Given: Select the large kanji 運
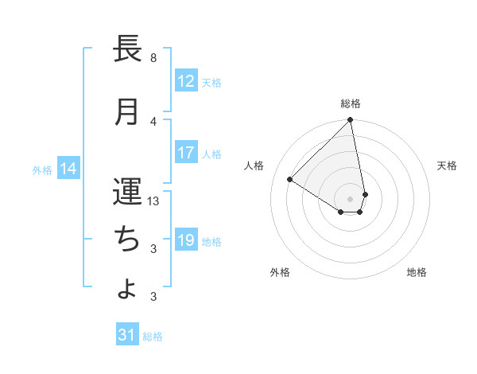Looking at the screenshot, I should click(127, 192).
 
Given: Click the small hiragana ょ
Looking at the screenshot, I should click(127, 288).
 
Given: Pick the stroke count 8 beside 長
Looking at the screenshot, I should click(153, 58).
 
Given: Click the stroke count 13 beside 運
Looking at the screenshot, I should click(154, 201).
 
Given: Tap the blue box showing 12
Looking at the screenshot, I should click(186, 81).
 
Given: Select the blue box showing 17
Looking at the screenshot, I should click(186, 153).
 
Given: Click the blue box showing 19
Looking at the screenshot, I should click(186, 240).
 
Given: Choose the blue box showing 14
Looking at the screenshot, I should click(68, 169).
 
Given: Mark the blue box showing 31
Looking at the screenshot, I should click(127, 336).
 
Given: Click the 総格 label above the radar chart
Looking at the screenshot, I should click(351, 103).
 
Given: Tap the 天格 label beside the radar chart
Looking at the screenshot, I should click(447, 166).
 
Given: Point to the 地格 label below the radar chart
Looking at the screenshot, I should click(417, 272).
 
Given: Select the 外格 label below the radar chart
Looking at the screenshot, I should click(280, 272).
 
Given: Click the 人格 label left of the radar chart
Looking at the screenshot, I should click(254, 166).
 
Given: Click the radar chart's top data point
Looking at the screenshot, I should click(351, 121).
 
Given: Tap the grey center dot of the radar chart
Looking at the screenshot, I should click(351, 198).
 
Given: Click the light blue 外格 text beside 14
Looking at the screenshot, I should click(42, 169).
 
